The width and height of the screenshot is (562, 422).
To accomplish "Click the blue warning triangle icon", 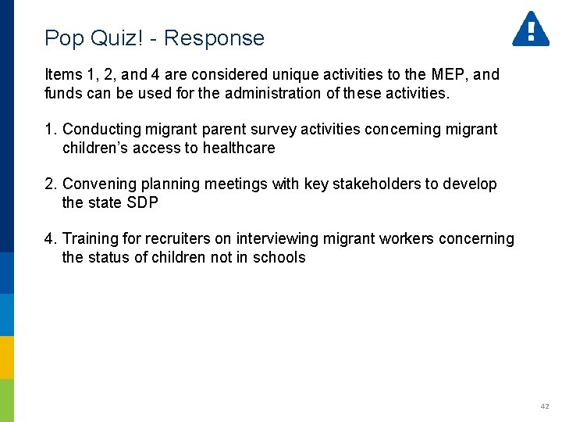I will (x=530, y=29).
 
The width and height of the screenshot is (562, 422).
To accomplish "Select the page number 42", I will (x=544, y=406).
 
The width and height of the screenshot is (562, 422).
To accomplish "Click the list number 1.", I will (x=50, y=129).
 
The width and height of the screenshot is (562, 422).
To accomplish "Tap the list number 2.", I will (x=50, y=184).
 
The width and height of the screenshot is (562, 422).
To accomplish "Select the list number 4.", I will (x=50, y=238).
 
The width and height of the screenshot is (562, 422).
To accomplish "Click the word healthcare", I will (x=237, y=148).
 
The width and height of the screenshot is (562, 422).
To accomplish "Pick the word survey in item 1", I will (x=272, y=129).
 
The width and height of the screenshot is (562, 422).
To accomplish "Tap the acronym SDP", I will (x=142, y=202).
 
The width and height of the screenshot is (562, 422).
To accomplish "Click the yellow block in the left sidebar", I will (x=7, y=357).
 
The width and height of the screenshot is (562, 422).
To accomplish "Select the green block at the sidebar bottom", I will (x=7, y=400).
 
